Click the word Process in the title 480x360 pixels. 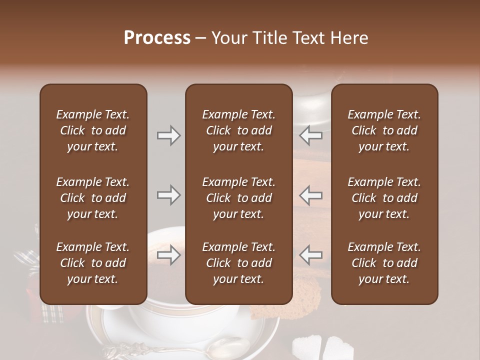click(157, 38)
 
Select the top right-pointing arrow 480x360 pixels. click(169, 135)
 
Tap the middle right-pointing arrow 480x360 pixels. click(169, 195)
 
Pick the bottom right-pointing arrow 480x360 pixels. click(169, 255)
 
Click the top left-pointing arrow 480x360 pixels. click(311, 135)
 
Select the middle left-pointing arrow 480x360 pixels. click(311, 195)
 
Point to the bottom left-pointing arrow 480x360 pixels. click(311, 255)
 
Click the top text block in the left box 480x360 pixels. click(93, 130)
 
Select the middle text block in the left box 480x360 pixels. click(93, 198)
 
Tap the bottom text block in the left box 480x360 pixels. click(93, 263)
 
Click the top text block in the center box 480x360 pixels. click(238, 130)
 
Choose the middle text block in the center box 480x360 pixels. click(238, 198)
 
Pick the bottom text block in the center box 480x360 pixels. click(238, 263)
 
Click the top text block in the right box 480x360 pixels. click(384, 130)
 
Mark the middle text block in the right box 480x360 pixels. click(384, 198)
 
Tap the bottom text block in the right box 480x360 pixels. click(384, 263)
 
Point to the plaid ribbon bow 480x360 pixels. click(27, 260)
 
